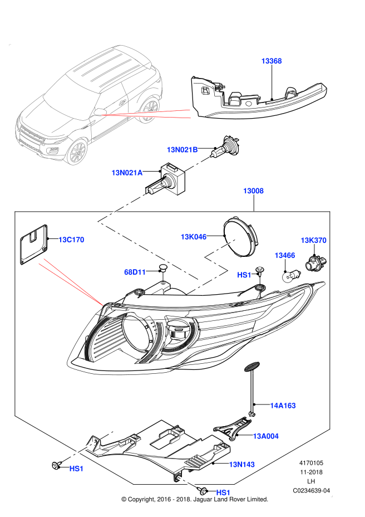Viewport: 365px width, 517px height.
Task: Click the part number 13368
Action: (x=272, y=61)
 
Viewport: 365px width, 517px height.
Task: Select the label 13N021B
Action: (x=182, y=150)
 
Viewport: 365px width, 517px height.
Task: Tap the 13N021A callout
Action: (x=127, y=173)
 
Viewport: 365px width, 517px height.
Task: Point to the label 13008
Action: (x=253, y=191)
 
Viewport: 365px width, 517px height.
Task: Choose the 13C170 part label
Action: (x=71, y=240)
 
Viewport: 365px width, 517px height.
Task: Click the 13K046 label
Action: (x=193, y=237)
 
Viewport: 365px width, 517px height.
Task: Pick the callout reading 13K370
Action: (x=313, y=241)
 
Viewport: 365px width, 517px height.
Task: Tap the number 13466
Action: (x=284, y=256)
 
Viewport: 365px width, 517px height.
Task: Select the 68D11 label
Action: (x=135, y=272)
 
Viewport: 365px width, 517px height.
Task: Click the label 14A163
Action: (x=283, y=406)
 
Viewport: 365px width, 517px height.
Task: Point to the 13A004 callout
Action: (x=265, y=436)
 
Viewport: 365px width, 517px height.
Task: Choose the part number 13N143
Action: (x=241, y=465)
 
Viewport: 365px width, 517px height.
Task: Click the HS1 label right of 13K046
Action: (x=244, y=275)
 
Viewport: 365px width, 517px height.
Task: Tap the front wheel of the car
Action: (x=77, y=152)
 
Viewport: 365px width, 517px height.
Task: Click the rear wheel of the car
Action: (x=150, y=110)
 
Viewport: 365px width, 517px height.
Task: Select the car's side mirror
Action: (x=99, y=112)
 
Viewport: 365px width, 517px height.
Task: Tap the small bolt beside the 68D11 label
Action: (x=163, y=277)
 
